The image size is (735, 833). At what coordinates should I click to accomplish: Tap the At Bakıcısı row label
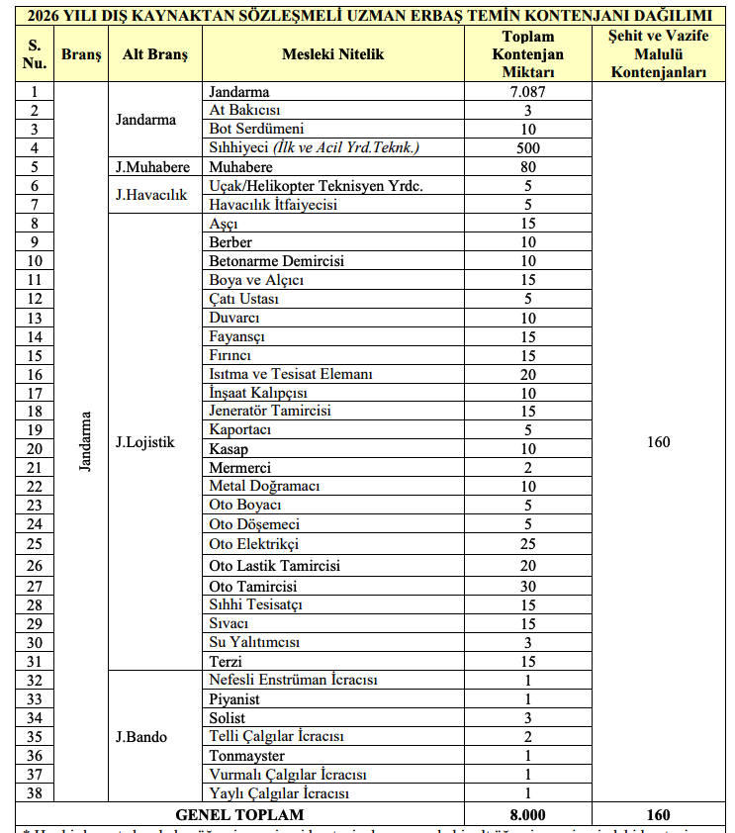244,111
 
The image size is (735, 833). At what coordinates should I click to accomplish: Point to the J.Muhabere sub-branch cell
152,167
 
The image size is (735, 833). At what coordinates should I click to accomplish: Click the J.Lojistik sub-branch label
144,441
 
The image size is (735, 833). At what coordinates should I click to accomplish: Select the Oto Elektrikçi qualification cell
254,544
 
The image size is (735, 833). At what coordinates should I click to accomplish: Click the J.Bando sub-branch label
140,737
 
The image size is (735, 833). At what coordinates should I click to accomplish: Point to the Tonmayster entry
247,756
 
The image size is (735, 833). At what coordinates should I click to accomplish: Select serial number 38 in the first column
36,793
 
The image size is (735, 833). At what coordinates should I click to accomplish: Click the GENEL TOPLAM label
240,815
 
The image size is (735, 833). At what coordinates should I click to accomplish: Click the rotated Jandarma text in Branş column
85,441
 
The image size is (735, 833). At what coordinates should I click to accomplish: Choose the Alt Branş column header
154,54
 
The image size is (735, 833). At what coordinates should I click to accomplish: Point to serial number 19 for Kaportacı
36,430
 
